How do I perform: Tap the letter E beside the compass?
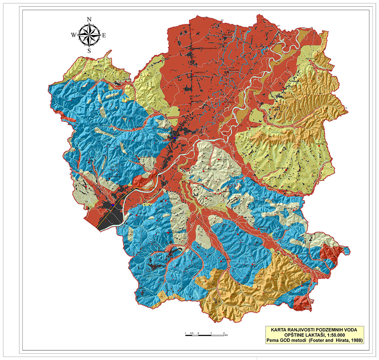click(104, 35)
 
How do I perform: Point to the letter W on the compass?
click(73, 35)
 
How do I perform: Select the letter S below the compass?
click(89, 50)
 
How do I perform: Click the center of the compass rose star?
click(89, 35)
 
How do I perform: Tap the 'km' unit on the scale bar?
click(226, 336)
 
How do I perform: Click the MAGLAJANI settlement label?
click(234, 70)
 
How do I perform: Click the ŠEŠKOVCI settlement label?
click(310, 58)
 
